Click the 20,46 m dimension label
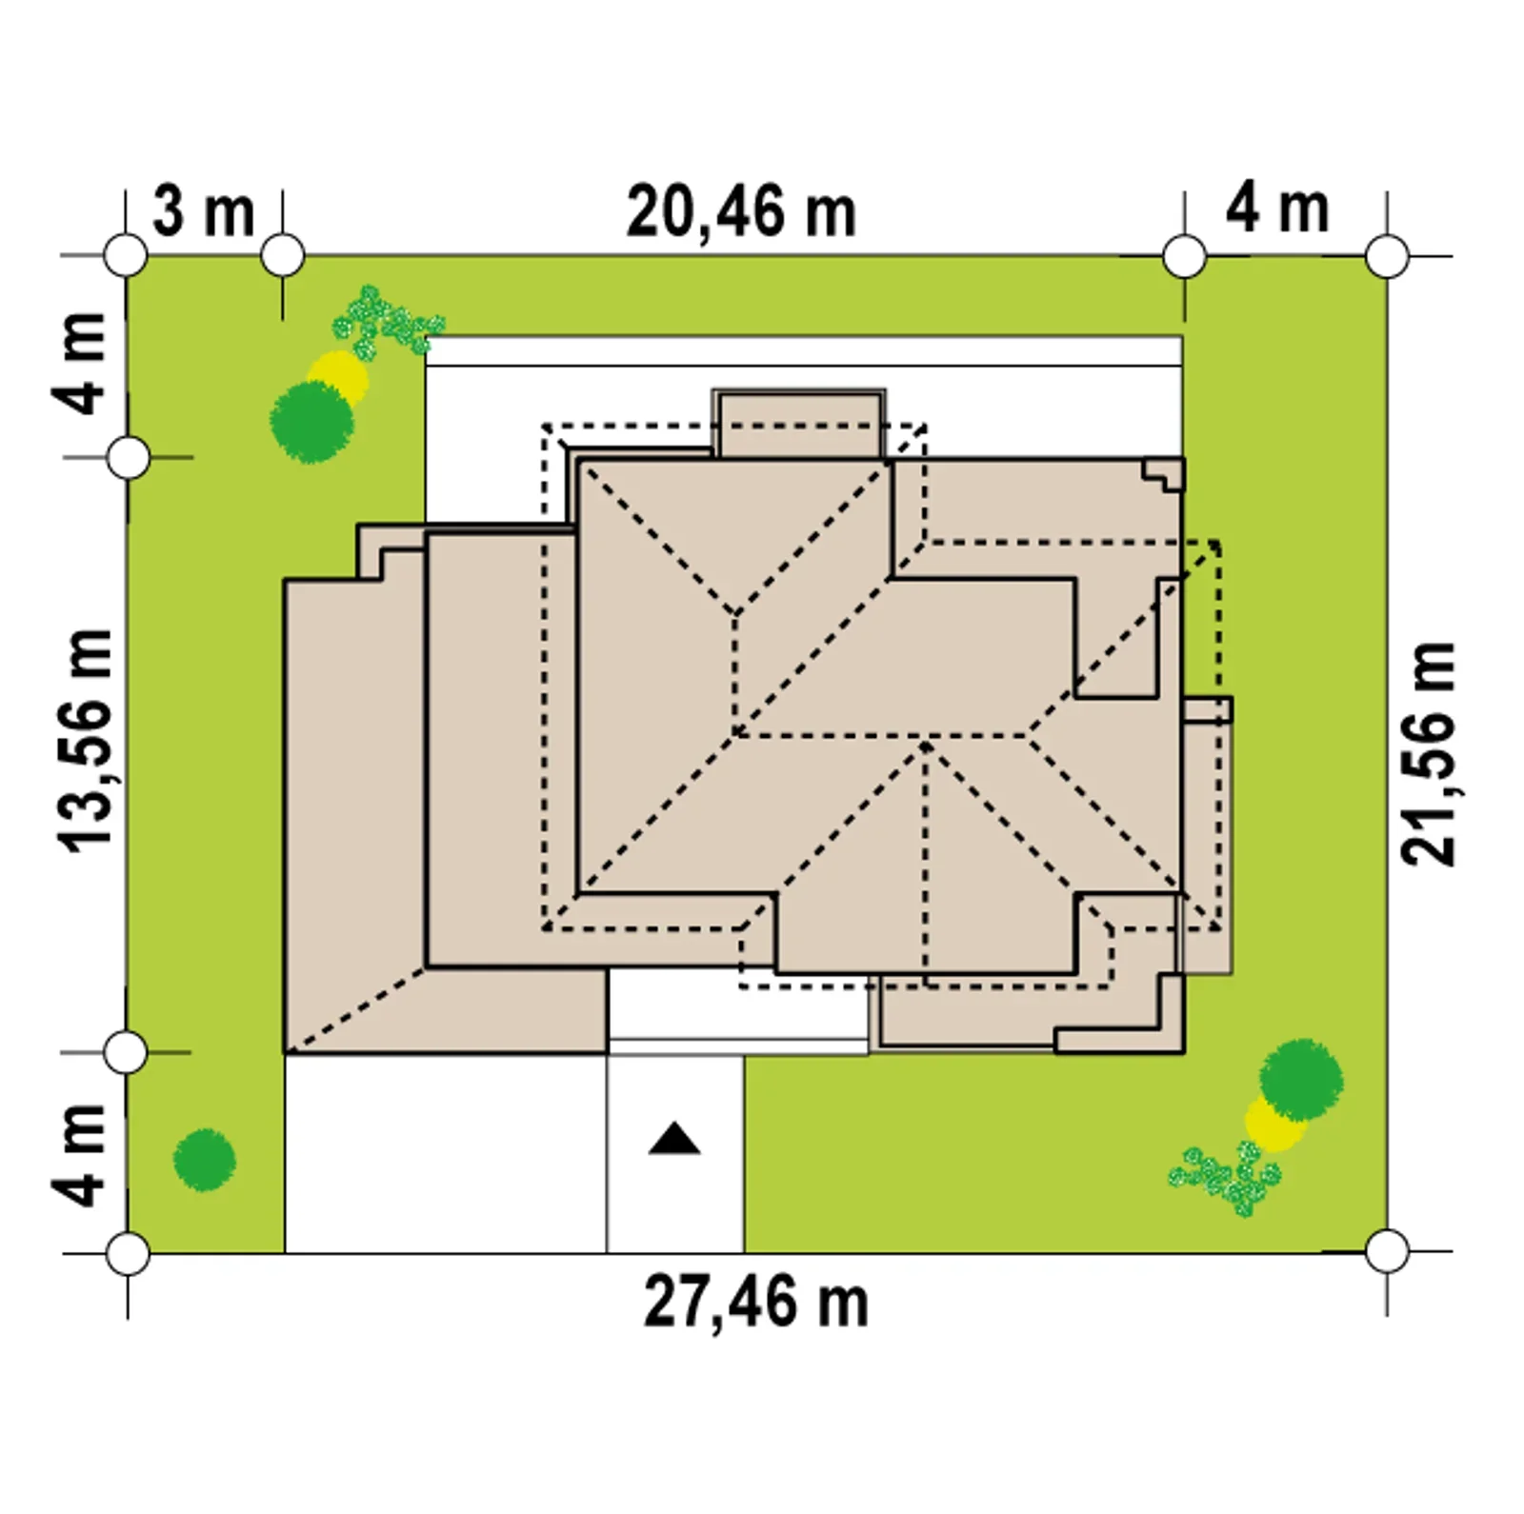point(741,213)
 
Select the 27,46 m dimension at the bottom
point(755,1303)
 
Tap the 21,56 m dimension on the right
point(1428,754)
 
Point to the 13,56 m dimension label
point(86,740)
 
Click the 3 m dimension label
point(204,211)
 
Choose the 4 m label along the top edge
point(1276,209)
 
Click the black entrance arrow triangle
point(674,1139)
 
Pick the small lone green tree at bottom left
point(205,1160)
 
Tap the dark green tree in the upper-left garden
point(312,422)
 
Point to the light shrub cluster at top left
point(386,321)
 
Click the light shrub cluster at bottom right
point(1226,1178)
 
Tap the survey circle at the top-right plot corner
point(1387,256)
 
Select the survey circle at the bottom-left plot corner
point(127,1253)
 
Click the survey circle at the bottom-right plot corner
point(1387,1251)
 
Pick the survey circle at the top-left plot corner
point(126,256)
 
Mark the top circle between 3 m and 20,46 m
point(282,256)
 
